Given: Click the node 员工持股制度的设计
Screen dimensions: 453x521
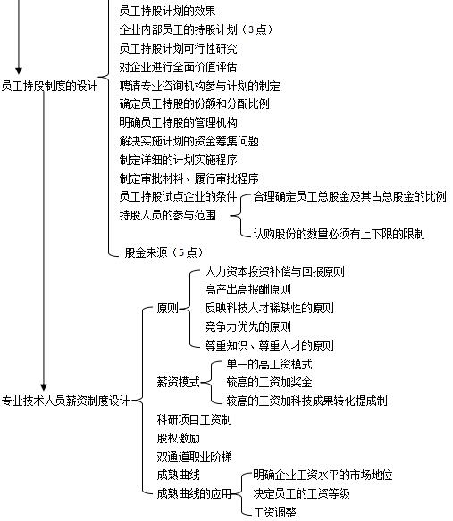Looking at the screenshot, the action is [49, 86].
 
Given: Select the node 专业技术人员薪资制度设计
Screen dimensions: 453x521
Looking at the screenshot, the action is [65, 401].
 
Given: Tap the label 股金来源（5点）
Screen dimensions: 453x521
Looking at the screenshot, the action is [164, 252].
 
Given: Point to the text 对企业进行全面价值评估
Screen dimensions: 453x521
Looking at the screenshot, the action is [178, 68].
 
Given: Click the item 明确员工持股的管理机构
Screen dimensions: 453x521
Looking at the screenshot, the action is [178, 122].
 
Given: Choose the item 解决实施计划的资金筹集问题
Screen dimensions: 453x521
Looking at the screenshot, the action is [189, 141].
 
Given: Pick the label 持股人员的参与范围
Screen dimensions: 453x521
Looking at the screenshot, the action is [167, 215].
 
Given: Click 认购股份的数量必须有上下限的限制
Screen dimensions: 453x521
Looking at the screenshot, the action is [340, 234].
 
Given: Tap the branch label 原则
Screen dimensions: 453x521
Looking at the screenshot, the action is [167, 309].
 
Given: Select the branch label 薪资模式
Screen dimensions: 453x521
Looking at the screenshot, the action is [178, 382].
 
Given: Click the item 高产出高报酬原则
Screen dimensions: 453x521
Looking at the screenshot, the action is [248, 289].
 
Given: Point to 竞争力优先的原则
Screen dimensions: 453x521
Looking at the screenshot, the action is [248, 327].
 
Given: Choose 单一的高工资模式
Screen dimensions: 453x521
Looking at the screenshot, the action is [269, 365].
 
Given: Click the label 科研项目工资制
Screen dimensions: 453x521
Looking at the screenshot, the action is [195, 419].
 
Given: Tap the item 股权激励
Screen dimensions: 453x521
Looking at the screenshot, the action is [178, 438].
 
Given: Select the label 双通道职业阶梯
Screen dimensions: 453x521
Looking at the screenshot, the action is [195, 457].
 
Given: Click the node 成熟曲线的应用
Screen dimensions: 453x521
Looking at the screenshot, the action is [195, 493].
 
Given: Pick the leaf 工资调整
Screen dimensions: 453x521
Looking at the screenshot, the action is [274, 512].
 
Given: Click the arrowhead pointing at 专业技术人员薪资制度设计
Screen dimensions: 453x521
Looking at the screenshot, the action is [44, 387].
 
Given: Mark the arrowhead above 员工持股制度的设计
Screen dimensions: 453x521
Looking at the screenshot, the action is [19, 70].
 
